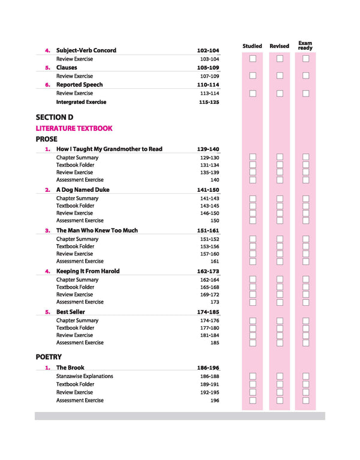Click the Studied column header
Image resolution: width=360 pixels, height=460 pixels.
pos(252,46)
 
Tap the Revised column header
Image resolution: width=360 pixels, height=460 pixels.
pos(279,46)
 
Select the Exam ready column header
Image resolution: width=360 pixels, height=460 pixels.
pos(305,45)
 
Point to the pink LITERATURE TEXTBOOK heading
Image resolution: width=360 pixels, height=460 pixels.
pos(74,128)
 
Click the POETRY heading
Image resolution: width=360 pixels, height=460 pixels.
pos(49,357)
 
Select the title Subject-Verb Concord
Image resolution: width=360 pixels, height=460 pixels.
pos(86,50)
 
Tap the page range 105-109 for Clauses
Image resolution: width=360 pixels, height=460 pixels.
pos(208,68)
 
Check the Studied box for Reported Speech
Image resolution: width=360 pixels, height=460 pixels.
pos(253,93)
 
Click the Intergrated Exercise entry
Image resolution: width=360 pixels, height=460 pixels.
pos(81,102)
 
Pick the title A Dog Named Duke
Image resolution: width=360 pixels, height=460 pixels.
pos(83,190)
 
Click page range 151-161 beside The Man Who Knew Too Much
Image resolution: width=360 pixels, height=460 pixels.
pos(208,230)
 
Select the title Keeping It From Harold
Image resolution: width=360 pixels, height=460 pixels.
pos(88,271)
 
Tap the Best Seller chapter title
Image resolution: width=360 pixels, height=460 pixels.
pos(71,312)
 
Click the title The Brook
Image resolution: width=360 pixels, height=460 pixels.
pos(70,368)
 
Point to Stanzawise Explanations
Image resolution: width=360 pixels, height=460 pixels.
pos(85,377)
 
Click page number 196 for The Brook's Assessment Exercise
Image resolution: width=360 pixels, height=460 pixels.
pos(215,401)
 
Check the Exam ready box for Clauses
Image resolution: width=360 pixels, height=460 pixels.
pos(305,76)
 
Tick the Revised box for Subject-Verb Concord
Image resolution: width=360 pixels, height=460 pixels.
pos(280,59)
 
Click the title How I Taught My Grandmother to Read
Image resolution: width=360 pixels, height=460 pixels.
pos(109,149)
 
